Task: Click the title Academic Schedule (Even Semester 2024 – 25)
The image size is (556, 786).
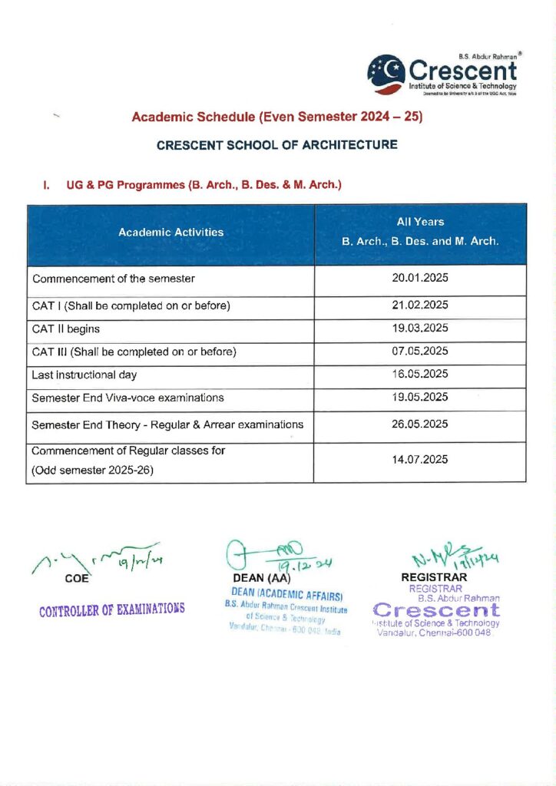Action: click(x=277, y=117)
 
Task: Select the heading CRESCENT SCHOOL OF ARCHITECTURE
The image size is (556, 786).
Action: click(x=276, y=144)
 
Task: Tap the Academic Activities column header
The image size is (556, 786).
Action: click(x=171, y=232)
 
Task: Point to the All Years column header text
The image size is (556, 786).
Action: click(x=420, y=222)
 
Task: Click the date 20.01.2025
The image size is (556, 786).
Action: click(x=420, y=279)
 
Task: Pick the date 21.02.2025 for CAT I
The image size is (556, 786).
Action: click(x=420, y=306)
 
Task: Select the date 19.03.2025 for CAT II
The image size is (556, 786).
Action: click(x=420, y=329)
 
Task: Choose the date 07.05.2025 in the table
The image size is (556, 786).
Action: click(x=420, y=352)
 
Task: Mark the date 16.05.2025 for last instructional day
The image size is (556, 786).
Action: click(x=420, y=375)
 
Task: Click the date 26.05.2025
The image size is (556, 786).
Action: click(x=420, y=424)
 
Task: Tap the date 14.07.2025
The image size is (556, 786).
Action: click(x=420, y=461)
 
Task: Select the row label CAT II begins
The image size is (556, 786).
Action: click(x=66, y=329)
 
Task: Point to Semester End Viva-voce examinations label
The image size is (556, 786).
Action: click(x=127, y=398)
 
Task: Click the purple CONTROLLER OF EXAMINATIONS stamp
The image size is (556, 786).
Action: click(x=113, y=610)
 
